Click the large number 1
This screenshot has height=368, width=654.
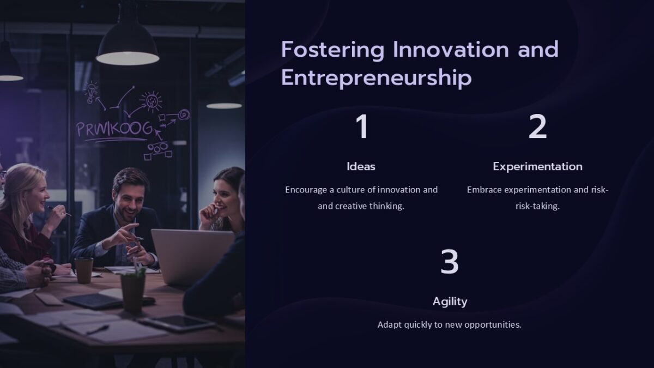tap(362, 127)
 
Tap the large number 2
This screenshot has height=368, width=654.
tap(537, 127)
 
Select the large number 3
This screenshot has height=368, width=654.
tap(450, 262)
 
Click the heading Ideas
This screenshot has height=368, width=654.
tap(361, 166)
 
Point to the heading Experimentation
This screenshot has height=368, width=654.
tap(537, 166)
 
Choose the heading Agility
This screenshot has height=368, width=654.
tap(450, 301)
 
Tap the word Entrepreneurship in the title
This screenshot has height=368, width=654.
tap(376, 77)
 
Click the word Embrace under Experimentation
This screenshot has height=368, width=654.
tap(484, 190)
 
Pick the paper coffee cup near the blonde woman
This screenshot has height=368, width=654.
tap(84, 270)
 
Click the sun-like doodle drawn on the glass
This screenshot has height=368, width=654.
tap(150, 101)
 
